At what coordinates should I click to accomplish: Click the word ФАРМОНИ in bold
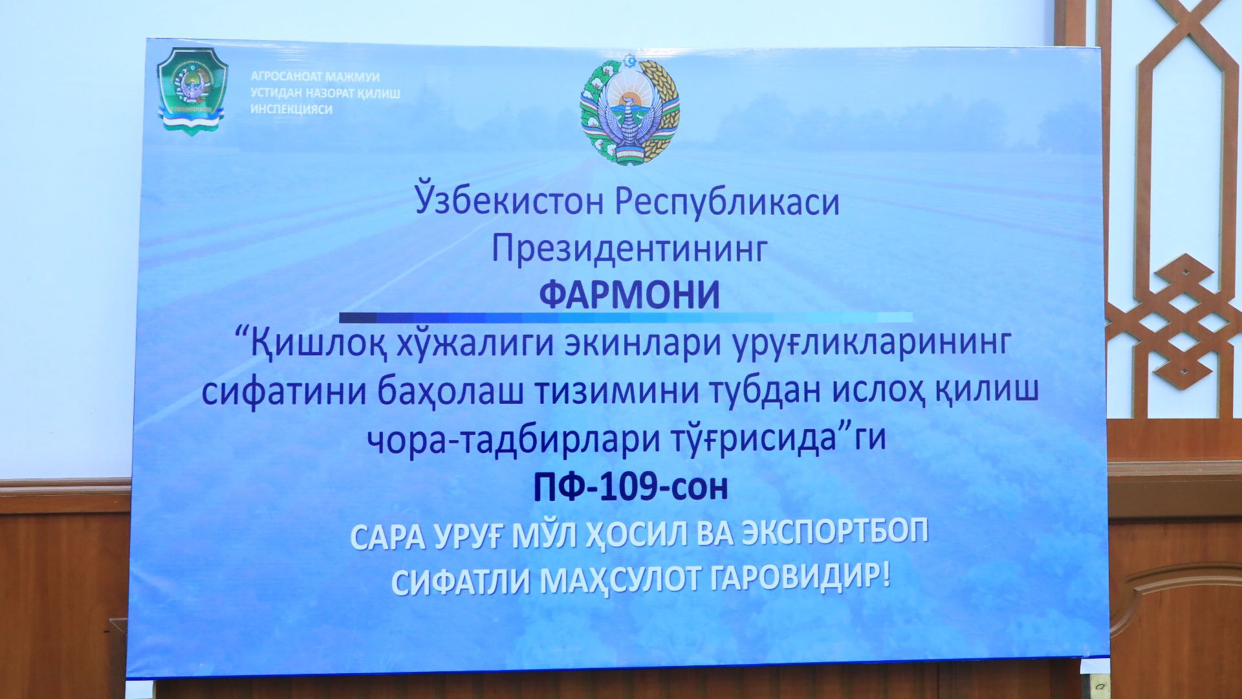(629, 295)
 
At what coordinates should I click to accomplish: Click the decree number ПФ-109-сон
(630, 487)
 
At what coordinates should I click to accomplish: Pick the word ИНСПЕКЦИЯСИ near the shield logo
(292, 109)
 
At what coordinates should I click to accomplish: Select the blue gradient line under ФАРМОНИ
(626, 317)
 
